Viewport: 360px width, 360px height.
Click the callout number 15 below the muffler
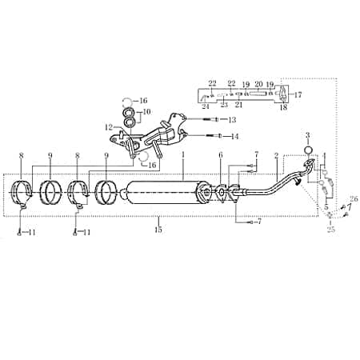coord(158,230)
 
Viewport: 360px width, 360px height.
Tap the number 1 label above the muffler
coord(182,154)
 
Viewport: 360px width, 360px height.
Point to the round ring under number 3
coord(308,150)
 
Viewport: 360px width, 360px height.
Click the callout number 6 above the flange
coord(220,154)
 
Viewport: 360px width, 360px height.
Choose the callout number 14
coord(234,137)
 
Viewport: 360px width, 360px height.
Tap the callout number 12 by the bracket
coord(106,126)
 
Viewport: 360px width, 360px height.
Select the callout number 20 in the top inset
coord(258,83)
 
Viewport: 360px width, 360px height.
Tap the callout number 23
coord(224,105)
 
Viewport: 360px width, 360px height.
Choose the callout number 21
coord(238,105)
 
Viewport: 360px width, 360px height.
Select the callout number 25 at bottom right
coord(330,230)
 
